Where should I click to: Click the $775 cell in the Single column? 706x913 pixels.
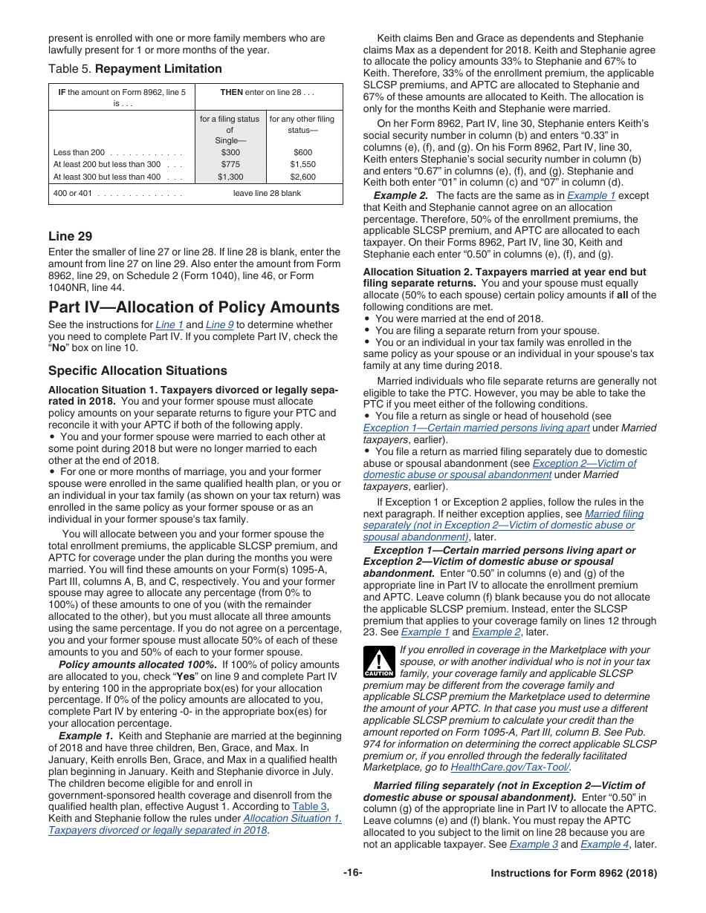pyautogui.click(x=230, y=164)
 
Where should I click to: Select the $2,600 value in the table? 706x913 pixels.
pyautogui.click(x=302, y=177)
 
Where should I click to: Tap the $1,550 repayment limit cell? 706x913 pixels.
pyautogui.click(x=302, y=164)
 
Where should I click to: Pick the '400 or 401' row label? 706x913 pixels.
pyautogui.click(x=69, y=193)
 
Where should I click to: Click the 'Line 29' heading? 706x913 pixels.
pyautogui.click(x=71, y=236)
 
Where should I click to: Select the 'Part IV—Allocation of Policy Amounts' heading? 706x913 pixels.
pyautogui.click(x=193, y=307)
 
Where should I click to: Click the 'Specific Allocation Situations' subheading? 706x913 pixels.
pyautogui.click(x=138, y=370)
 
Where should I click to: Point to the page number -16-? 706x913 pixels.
pyautogui.click(x=352, y=873)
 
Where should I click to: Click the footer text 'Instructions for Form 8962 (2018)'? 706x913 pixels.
pyautogui.click(x=574, y=873)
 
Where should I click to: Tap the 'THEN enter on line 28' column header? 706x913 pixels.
pyautogui.click(x=268, y=92)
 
